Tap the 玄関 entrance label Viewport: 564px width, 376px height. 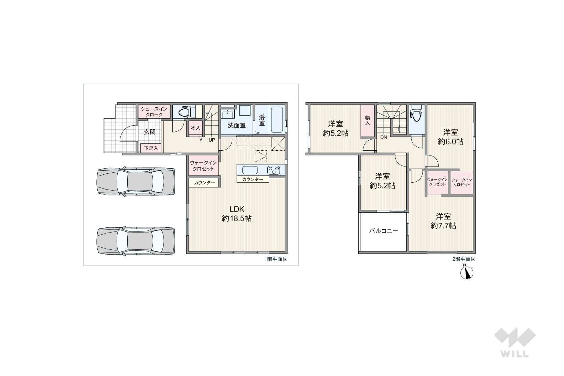point(150,132)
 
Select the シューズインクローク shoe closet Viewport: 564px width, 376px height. point(154,111)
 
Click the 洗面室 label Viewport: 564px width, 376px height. point(237,125)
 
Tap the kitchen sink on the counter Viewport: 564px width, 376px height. point(250,170)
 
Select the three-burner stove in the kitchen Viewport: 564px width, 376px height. point(274,170)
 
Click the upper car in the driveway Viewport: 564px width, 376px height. point(136,181)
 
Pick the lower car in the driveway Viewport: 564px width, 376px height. point(136,241)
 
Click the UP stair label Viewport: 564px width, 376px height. point(212,140)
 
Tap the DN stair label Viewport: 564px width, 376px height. point(383,137)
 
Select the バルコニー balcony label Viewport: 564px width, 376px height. point(383,231)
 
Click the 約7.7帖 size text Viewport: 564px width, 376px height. point(443,226)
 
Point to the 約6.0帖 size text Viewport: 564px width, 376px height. point(450,141)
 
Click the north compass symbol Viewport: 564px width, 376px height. point(467,273)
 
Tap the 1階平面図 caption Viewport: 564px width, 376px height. point(276,259)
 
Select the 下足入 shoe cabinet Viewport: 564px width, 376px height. point(151,148)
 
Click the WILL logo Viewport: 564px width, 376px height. point(515,343)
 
